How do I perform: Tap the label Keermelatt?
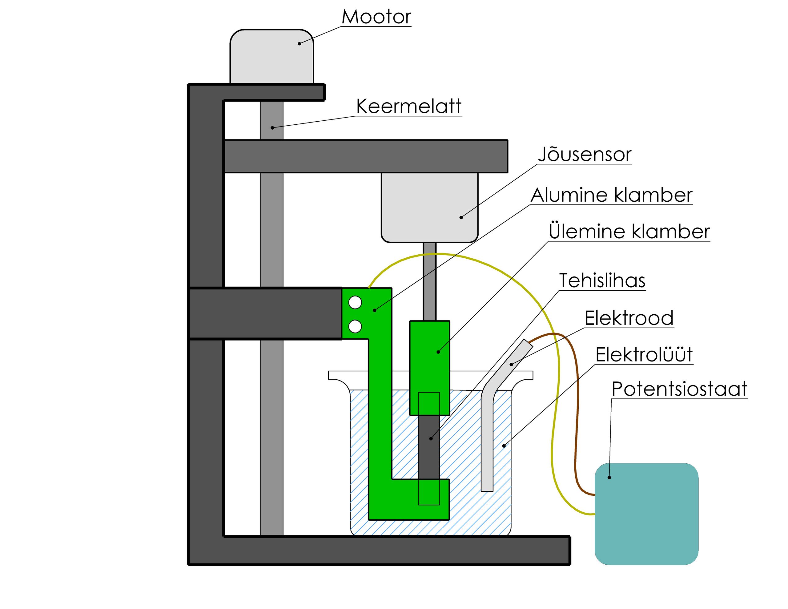[408, 107]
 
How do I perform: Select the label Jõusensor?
[585, 155]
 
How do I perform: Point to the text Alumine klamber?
[611, 195]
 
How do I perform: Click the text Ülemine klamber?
[629, 232]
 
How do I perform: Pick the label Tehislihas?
[602, 280]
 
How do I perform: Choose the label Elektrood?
[629, 318]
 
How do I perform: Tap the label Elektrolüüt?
[644, 355]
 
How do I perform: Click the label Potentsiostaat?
[679, 389]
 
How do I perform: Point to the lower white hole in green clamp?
[355, 326]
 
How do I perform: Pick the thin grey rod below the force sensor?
[429, 282]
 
